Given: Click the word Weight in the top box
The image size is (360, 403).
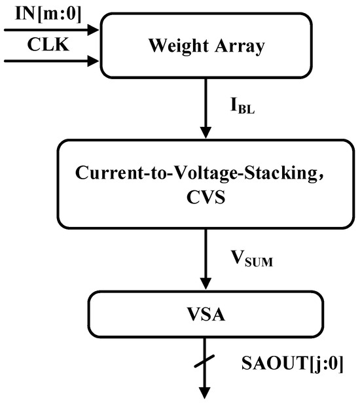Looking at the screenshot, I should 172,46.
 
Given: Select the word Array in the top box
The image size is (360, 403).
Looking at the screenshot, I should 234,46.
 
